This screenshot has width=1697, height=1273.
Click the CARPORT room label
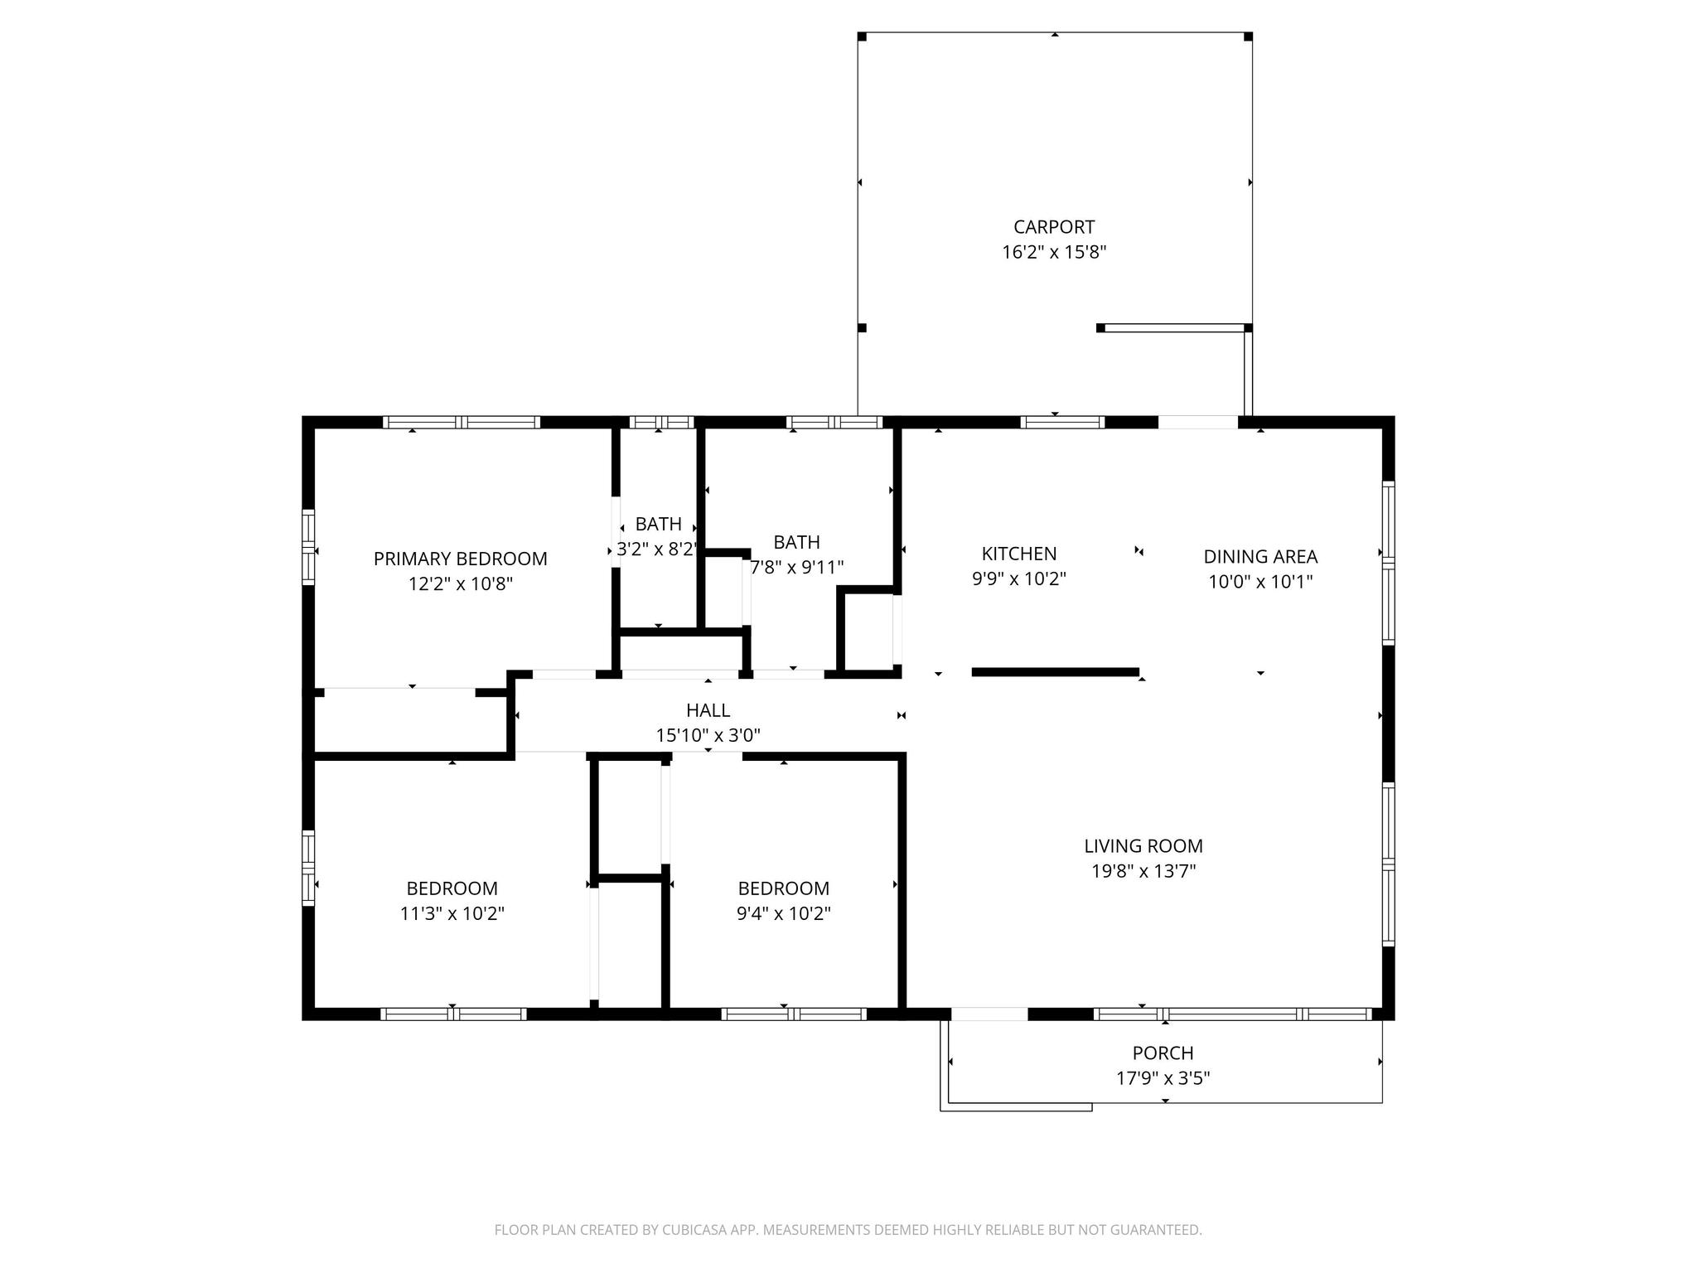point(1054,227)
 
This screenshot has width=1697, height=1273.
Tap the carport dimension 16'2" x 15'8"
point(1054,252)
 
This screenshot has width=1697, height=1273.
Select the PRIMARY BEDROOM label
point(460,559)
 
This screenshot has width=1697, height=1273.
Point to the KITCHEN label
point(1019,554)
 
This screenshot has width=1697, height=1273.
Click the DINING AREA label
point(1260,557)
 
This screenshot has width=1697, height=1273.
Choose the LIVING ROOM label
point(1143,846)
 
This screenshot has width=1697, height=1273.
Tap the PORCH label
point(1163,1053)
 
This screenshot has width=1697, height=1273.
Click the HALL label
point(708,710)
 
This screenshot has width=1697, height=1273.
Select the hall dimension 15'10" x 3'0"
point(708,735)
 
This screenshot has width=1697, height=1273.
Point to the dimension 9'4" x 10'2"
point(784,913)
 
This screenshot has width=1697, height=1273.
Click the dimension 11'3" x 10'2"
point(452,913)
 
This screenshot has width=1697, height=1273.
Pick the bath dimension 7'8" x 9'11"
point(797,568)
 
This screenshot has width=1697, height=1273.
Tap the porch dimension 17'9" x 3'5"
point(1163,1078)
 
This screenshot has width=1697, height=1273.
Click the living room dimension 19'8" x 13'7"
point(1143,871)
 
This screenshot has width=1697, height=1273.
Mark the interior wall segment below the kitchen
point(1056,672)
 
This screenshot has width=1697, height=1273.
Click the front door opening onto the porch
point(989,1014)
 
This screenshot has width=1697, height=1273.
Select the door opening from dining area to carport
point(1198,423)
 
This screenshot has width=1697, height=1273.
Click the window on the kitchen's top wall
point(1062,423)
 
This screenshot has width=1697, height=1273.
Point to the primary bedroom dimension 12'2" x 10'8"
point(460,583)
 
